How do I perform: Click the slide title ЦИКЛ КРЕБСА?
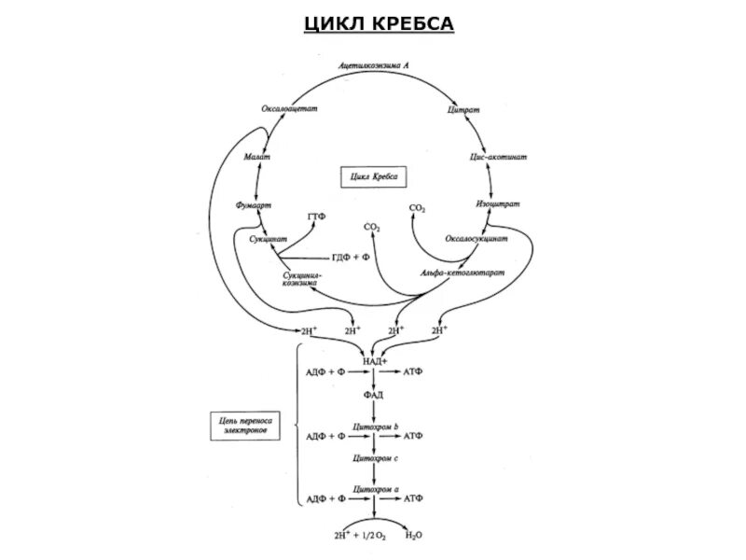coord(379,22)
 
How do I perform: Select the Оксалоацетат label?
coord(289,109)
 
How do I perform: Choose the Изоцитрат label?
coord(498,203)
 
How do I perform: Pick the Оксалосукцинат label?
coord(477,239)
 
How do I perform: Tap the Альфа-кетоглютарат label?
coord(462,273)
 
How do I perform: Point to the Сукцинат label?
coord(268,240)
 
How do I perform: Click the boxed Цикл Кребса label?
coord(374,175)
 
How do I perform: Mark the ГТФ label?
coord(316,217)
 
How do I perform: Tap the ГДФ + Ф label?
coord(351,257)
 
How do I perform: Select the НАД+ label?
coord(374,359)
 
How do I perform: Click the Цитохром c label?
coord(375,459)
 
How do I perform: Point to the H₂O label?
coord(412,537)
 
